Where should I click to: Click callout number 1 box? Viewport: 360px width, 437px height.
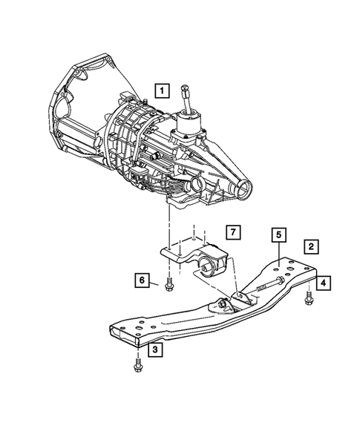point(161,91)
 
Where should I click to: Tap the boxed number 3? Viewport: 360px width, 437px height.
point(154,349)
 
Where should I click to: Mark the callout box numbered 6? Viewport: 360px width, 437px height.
point(142,280)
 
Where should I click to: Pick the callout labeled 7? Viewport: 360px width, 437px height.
point(232,234)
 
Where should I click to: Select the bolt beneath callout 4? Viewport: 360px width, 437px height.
point(307,299)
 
